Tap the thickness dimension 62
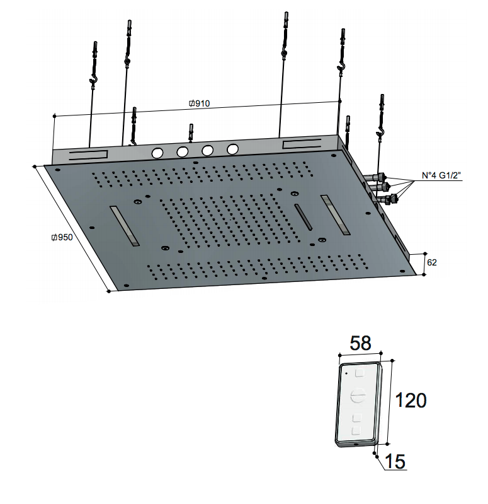click(x=432, y=262)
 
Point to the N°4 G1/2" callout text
click(x=441, y=175)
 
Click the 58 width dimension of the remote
click(x=360, y=343)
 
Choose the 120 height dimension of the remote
click(x=411, y=400)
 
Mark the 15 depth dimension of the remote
click(x=395, y=462)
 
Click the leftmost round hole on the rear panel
click(x=157, y=153)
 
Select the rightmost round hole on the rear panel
click(x=232, y=149)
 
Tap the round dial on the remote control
click(x=357, y=396)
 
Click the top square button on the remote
click(x=360, y=373)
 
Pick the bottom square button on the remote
click(x=356, y=430)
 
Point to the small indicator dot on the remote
click(x=346, y=373)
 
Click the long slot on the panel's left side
click(x=125, y=226)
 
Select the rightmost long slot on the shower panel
click(x=335, y=214)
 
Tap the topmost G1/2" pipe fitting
click(x=375, y=177)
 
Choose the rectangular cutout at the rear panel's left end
click(x=88, y=155)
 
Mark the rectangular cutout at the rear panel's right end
click(x=302, y=144)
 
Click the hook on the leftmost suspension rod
click(x=94, y=79)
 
